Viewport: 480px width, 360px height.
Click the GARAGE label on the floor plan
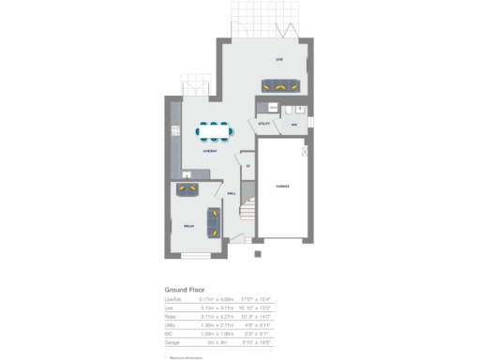click(x=282, y=187)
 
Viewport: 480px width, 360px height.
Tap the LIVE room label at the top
click(x=278, y=59)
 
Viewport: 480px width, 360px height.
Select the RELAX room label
click(x=187, y=226)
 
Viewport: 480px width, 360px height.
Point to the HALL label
click(x=231, y=194)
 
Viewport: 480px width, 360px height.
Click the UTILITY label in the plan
click(x=264, y=123)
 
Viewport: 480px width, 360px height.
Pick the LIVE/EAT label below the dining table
click(x=212, y=151)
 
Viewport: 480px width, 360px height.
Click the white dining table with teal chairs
click(x=215, y=131)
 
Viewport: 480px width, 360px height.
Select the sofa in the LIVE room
click(x=281, y=84)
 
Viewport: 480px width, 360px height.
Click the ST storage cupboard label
click(x=247, y=166)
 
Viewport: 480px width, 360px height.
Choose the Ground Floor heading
click(x=185, y=290)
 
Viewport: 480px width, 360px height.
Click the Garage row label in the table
click(x=172, y=344)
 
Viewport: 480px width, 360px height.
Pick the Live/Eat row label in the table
click(x=172, y=300)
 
